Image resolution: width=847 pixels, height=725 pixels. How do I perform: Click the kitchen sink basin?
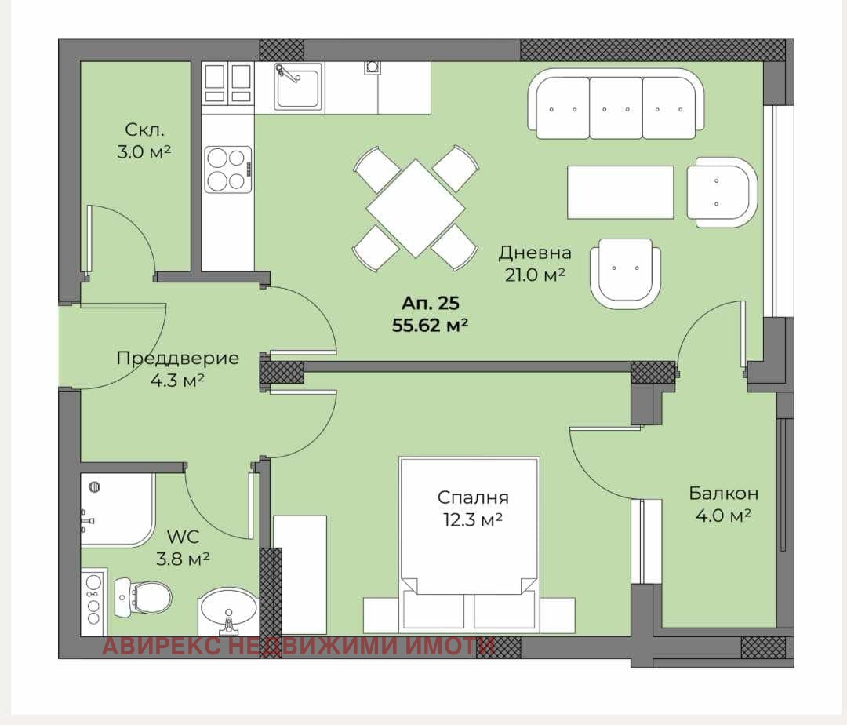coord(298,86)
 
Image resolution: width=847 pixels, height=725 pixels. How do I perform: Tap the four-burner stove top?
coord(228,169)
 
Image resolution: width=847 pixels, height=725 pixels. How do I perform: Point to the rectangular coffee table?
coord(620,192)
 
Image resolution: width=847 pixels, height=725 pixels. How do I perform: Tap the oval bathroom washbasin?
coord(228,611)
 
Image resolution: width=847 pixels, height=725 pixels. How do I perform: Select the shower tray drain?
coord(95,486)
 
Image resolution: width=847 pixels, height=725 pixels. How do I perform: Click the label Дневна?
coord(535,253)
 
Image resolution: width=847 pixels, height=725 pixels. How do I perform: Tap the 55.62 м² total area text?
coord(430,326)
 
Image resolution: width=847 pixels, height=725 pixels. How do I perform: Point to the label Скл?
coord(144,129)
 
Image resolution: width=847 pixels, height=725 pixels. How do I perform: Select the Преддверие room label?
coord(178,358)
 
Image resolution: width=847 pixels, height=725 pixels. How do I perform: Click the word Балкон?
coord(723,493)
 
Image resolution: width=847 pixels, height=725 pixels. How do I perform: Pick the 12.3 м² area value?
coord(473,519)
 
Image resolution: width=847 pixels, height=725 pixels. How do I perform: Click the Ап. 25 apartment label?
coord(431,303)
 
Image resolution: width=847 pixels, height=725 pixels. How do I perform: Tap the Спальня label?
coord(473,497)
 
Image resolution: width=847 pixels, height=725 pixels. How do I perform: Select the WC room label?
coord(183,537)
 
